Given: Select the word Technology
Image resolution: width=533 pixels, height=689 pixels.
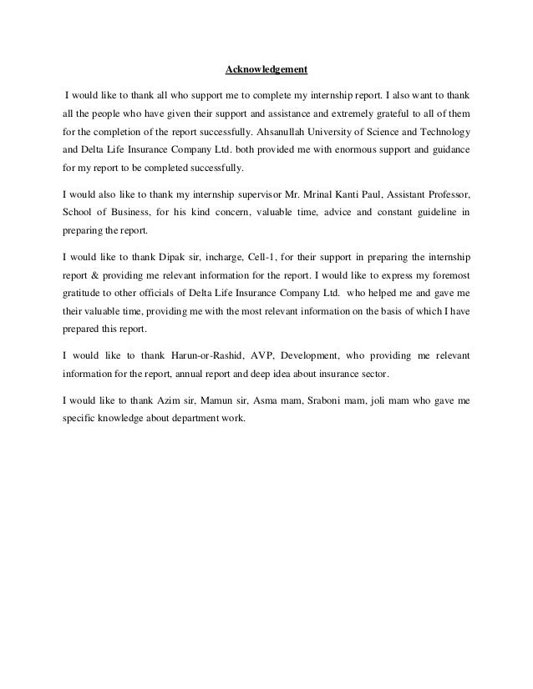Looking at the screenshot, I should (x=441, y=133).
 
